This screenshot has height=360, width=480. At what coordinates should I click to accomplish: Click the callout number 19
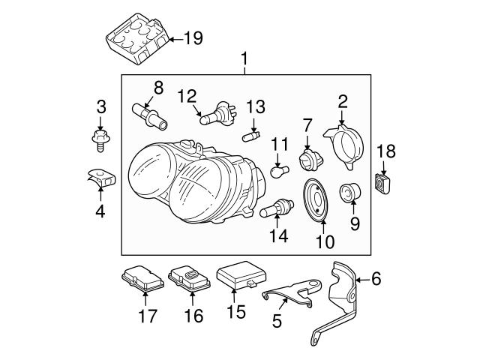(193, 38)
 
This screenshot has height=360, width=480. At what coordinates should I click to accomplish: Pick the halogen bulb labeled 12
(214, 115)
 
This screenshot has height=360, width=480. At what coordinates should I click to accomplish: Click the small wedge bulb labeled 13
(253, 135)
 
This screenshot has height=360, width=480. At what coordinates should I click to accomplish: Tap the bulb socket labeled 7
(307, 160)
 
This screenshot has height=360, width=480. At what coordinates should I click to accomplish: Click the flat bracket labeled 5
(292, 292)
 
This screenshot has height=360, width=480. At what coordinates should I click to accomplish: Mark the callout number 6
(376, 279)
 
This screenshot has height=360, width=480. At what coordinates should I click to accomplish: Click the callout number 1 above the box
(244, 58)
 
